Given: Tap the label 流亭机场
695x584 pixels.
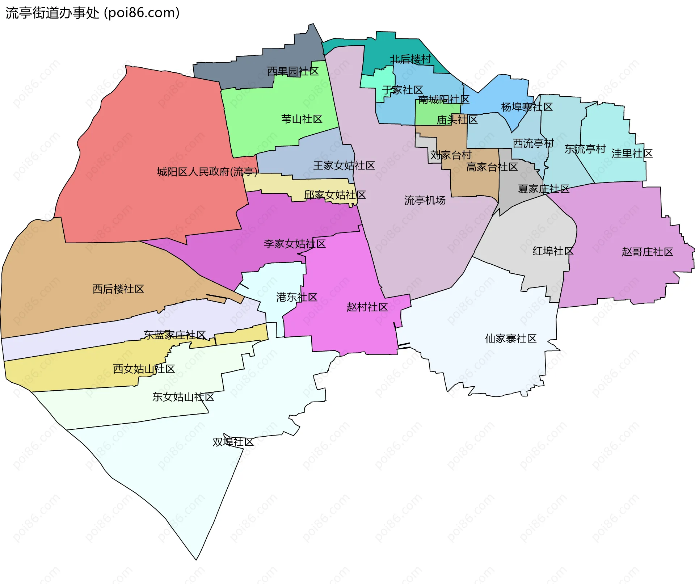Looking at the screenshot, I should click(x=425, y=200).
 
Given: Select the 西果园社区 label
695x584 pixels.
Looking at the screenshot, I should click(x=293, y=71).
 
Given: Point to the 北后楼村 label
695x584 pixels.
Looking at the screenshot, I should click(x=410, y=59).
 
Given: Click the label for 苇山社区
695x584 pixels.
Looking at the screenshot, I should click(x=302, y=119).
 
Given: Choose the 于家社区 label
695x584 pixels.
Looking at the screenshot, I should click(x=402, y=90).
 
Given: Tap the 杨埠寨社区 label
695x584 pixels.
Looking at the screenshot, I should click(x=527, y=107).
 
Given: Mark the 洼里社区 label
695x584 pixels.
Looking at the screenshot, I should click(x=632, y=154).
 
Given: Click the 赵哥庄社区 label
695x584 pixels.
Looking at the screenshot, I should click(x=647, y=252).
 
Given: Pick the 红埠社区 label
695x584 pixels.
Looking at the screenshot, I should click(x=553, y=251).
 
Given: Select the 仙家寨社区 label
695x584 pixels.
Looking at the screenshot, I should click(x=510, y=339).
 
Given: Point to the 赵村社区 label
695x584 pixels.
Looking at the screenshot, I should click(x=367, y=307).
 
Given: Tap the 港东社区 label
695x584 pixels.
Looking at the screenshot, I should click(x=296, y=297).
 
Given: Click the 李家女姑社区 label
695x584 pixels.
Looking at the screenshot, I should click(x=295, y=244).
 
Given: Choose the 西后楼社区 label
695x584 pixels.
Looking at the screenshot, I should click(x=118, y=289).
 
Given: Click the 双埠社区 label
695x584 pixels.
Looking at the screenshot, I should click(x=233, y=442).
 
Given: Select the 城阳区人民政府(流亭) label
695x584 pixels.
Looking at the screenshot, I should click(x=207, y=172).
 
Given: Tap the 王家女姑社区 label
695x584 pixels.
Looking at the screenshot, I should click(x=344, y=165).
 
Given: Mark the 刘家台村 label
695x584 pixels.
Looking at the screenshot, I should click(x=451, y=155).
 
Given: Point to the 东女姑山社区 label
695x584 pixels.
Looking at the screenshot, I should click(x=183, y=397).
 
